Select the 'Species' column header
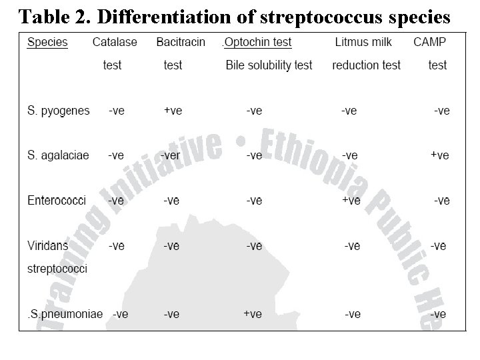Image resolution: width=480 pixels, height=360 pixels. coord(47,42)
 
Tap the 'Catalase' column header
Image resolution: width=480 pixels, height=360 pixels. coord(115,42)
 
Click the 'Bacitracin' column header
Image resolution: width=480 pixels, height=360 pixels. coord(181,42)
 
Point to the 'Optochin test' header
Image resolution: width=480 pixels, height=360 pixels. coord(258,42)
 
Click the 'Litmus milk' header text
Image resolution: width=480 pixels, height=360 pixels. coord(363,42)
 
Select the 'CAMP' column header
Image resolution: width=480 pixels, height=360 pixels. coord(430,42)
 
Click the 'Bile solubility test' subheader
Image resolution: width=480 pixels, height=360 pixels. coord(269,65)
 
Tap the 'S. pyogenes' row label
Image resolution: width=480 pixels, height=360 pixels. coord(58,111)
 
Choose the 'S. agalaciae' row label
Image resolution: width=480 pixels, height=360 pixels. coord(58,155)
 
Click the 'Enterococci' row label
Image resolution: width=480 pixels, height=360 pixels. coord(56,200)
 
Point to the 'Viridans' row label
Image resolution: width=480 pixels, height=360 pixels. coord(47,246)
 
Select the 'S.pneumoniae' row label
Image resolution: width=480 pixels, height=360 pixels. coord(65,313)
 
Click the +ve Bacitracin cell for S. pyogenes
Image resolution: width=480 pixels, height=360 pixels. coord(173,111)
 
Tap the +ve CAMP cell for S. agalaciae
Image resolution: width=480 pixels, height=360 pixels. coord(439,155)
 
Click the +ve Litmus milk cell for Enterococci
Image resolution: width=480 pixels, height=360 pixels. coord(351,200)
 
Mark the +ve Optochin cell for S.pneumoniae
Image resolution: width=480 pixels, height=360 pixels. coord(253,313)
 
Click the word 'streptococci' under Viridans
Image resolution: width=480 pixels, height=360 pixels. coord(57,269)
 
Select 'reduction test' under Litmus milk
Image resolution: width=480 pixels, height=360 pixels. coord(366,65)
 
